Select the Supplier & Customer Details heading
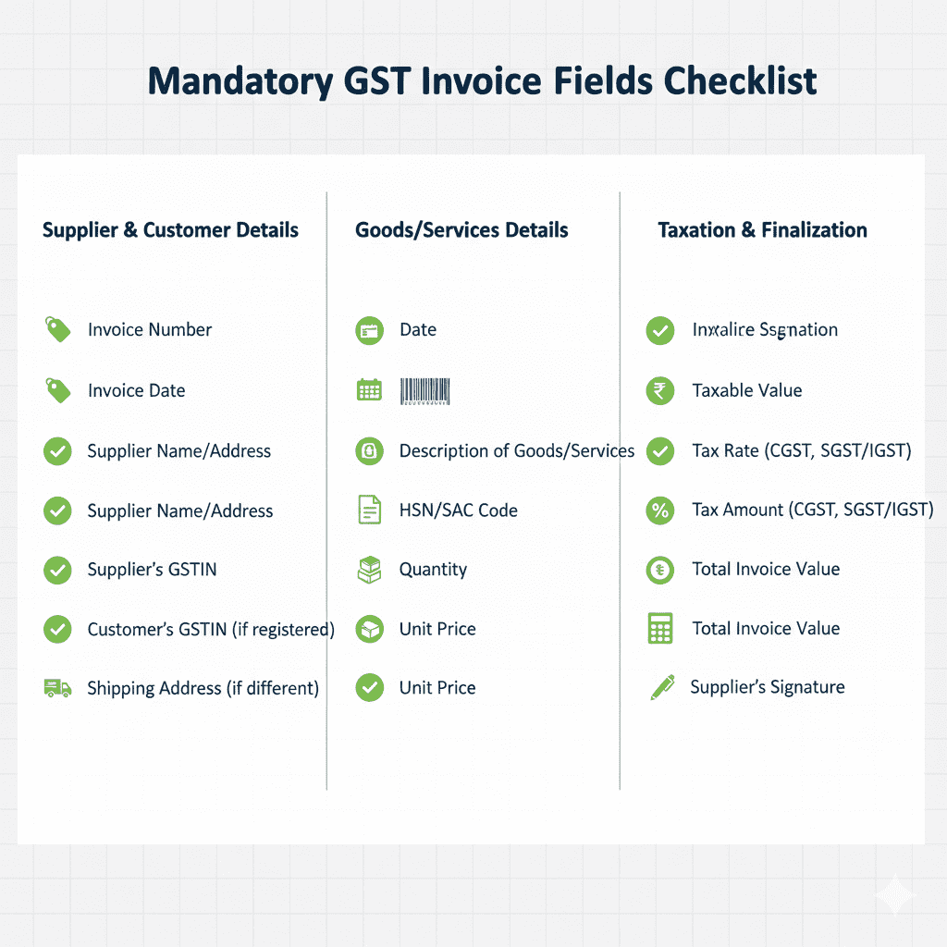click(170, 230)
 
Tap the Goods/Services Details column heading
click(461, 230)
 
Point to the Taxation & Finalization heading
click(762, 230)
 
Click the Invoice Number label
click(150, 330)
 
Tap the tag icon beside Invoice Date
click(57, 390)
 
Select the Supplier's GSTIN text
click(152, 570)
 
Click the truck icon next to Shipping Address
click(57, 688)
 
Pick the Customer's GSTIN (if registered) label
click(211, 630)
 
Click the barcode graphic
click(425, 390)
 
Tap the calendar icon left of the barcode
click(369, 390)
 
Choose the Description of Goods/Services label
click(517, 451)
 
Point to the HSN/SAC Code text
click(458, 510)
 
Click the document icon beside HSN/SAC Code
click(369, 510)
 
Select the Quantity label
click(433, 570)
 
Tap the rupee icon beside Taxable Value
click(659, 390)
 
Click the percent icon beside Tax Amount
click(659, 510)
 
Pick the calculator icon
click(659, 629)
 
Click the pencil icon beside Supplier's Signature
click(662, 687)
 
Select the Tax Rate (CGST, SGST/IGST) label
click(802, 451)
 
